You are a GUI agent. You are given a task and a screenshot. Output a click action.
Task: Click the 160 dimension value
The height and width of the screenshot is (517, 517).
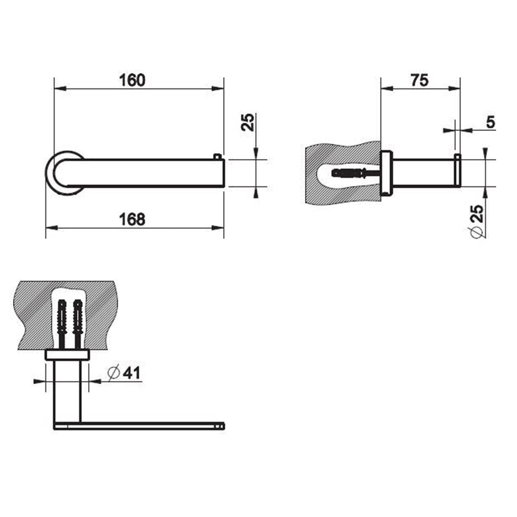[x=133, y=81]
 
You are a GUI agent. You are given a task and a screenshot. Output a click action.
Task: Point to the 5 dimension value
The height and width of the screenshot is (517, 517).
[x=490, y=123]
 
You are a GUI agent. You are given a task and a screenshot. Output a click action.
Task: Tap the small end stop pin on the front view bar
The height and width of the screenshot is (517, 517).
[x=218, y=156]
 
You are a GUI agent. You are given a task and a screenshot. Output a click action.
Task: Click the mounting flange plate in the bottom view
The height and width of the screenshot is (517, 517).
[x=67, y=355]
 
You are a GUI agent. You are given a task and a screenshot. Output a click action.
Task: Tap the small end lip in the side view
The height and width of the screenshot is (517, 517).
[x=457, y=172]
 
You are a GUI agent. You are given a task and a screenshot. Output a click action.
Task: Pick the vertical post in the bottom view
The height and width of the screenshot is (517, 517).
[x=67, y=390]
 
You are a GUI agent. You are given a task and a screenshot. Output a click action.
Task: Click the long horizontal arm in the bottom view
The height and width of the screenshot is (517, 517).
[x=138, y=425]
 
